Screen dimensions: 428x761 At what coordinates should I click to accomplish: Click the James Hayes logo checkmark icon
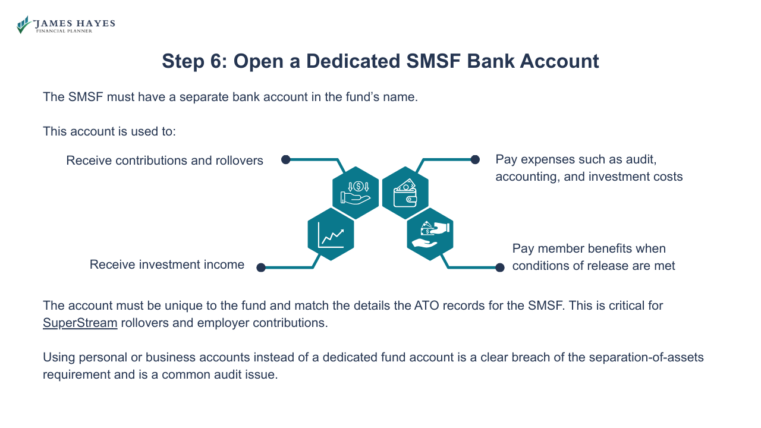point(24,24)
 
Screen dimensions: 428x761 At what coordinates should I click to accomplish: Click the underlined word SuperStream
point(80,323)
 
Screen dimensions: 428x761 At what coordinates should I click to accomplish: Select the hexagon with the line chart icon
point(331,234)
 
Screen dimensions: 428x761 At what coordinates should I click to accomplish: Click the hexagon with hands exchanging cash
point(430,234)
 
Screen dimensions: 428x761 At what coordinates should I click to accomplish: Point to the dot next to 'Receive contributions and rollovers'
point(285,159)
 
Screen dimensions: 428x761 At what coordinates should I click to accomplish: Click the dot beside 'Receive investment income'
point(260,267)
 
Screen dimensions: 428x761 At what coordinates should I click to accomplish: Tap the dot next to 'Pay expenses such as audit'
point(475,159)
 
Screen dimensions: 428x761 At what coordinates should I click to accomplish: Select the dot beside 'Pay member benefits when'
point(500,267)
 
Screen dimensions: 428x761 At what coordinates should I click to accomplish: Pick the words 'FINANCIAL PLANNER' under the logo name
point(64,31)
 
